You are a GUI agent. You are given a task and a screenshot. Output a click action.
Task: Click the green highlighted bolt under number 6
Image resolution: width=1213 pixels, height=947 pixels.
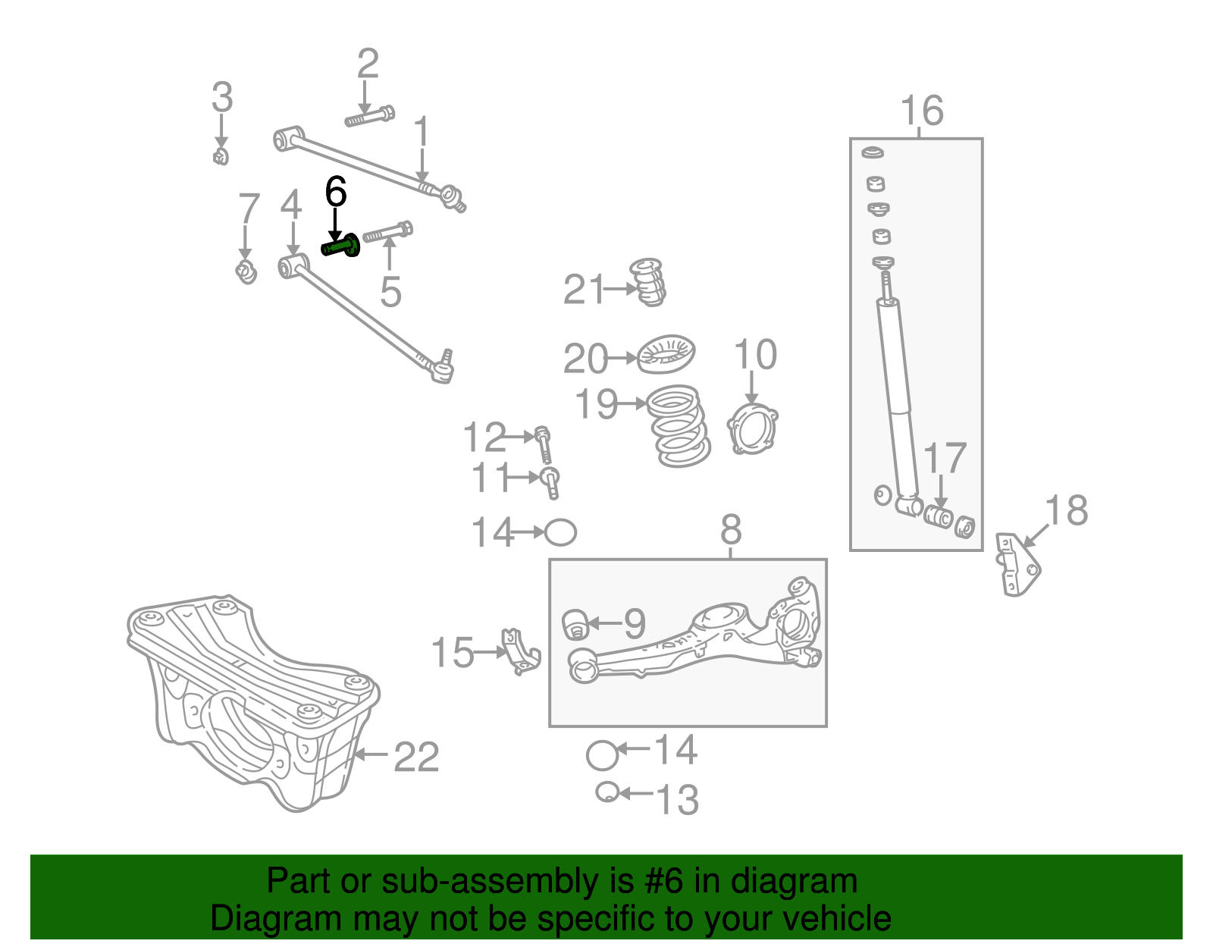tap(342, 246)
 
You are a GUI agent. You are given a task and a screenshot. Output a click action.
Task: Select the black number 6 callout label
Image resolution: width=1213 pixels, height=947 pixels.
tap(336, 193)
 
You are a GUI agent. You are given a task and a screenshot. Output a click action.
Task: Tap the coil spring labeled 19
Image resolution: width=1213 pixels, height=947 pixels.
tap(680, 425)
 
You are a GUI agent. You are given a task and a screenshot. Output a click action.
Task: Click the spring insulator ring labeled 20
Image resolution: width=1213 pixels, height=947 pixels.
tap(666, 355)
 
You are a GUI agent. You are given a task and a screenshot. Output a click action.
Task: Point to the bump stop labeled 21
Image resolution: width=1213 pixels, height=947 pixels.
tap(648, 282)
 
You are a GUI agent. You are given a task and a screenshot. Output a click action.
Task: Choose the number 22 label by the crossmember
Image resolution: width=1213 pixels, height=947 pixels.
tap(416, 757)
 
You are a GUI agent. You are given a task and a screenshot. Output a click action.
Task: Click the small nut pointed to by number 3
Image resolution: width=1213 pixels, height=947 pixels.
tap(221, 157)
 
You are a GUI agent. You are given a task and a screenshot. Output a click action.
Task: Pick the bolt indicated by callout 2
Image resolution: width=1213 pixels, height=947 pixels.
tap(370, 118)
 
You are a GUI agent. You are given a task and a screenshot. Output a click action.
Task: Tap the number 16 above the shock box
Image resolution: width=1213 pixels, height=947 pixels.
tap(922, 111)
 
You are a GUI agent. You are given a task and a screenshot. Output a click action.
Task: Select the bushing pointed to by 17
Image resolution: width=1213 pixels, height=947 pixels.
tap(940, 517)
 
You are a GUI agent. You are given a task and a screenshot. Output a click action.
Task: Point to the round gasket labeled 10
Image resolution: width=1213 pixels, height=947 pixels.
tap(752, 430)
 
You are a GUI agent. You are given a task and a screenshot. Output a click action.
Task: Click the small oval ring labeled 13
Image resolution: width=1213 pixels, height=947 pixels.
tap(606, 792)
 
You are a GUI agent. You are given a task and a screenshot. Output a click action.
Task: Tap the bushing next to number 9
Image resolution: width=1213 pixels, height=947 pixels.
tap(575, 623)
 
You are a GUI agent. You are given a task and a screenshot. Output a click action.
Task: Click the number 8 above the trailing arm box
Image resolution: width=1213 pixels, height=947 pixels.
tap(731, 530)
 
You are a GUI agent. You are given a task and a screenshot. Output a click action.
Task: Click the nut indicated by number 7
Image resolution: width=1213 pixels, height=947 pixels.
tap(246, 271)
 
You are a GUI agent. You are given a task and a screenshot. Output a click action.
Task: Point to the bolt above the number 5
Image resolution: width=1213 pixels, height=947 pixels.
tap(387, 231)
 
